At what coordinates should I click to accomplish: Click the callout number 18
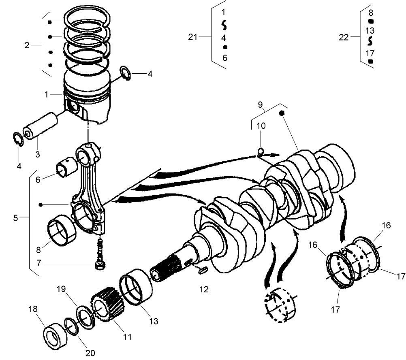coord(32,309)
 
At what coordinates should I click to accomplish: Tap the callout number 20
coord(90,353)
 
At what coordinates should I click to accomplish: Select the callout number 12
coord(204,289)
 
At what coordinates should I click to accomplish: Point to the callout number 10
coord(261,126)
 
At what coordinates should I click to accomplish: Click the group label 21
coord(193,37)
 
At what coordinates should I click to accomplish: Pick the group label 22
coord(344,37)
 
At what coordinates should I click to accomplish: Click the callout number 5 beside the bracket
coord(15,218)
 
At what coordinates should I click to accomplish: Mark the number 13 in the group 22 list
coord(370,31)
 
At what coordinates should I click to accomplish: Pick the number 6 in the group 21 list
coord(224,58)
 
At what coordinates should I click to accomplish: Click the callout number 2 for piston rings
coord(27,45)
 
